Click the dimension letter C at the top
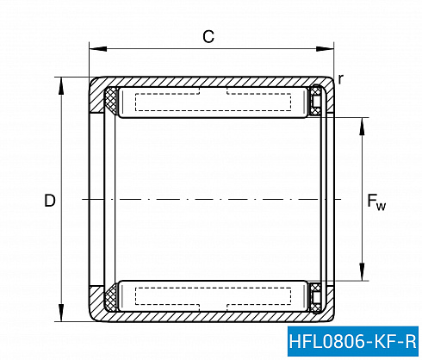208,37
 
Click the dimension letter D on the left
50,201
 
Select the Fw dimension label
376,202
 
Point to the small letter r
341,79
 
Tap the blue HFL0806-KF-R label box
353,341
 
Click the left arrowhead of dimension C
98,48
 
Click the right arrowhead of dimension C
325,48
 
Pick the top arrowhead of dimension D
61,86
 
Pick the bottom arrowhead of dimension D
61,313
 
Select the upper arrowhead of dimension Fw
362,126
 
